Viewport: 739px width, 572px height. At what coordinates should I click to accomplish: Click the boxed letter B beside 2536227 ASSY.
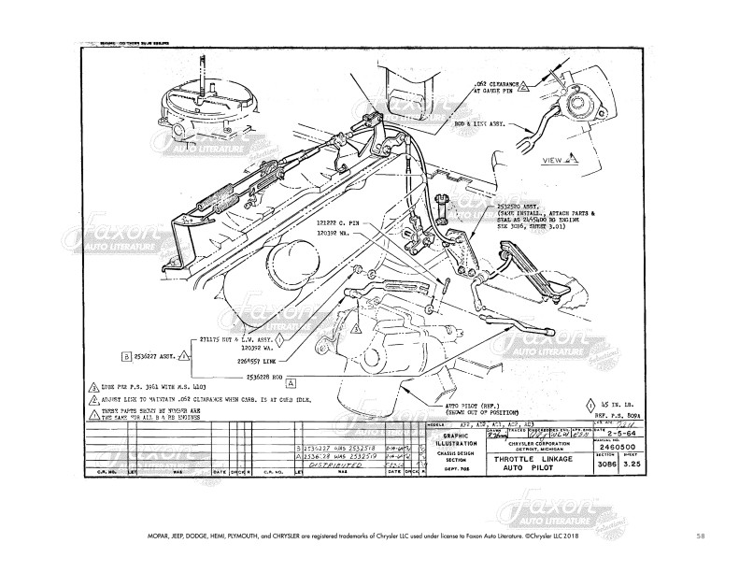(125, 356)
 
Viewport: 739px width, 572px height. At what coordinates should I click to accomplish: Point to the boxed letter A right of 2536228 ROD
(291, 381)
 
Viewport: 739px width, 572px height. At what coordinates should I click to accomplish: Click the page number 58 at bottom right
(700, 536)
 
